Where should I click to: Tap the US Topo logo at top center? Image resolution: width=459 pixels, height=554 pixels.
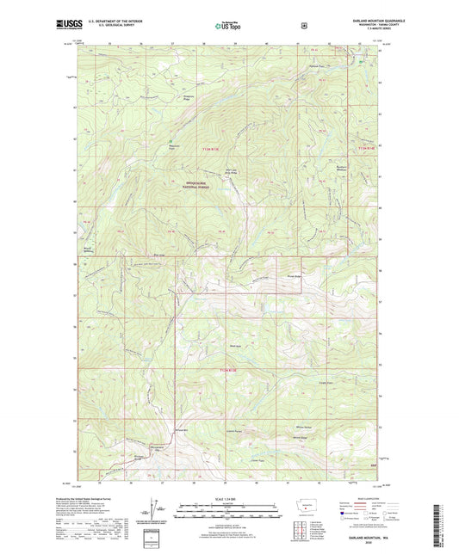click(226, 27)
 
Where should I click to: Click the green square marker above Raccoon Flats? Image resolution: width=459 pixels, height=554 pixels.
click(171, 141)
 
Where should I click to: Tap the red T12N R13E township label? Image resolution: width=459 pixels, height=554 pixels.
click(225, 369)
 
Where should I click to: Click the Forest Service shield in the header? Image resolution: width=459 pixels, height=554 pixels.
click(303, 26)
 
